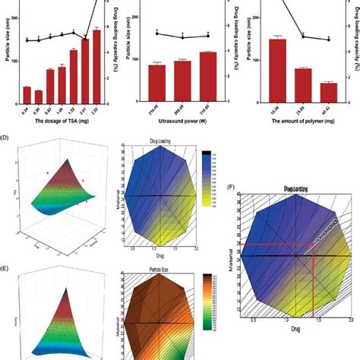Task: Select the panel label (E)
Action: [5, 267]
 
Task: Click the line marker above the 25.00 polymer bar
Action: [303, 36]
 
